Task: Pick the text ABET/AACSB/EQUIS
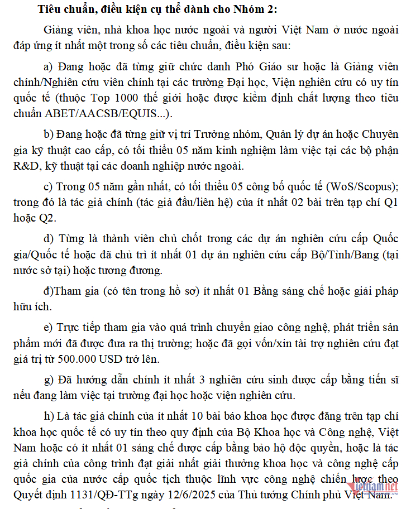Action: (107, 114)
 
